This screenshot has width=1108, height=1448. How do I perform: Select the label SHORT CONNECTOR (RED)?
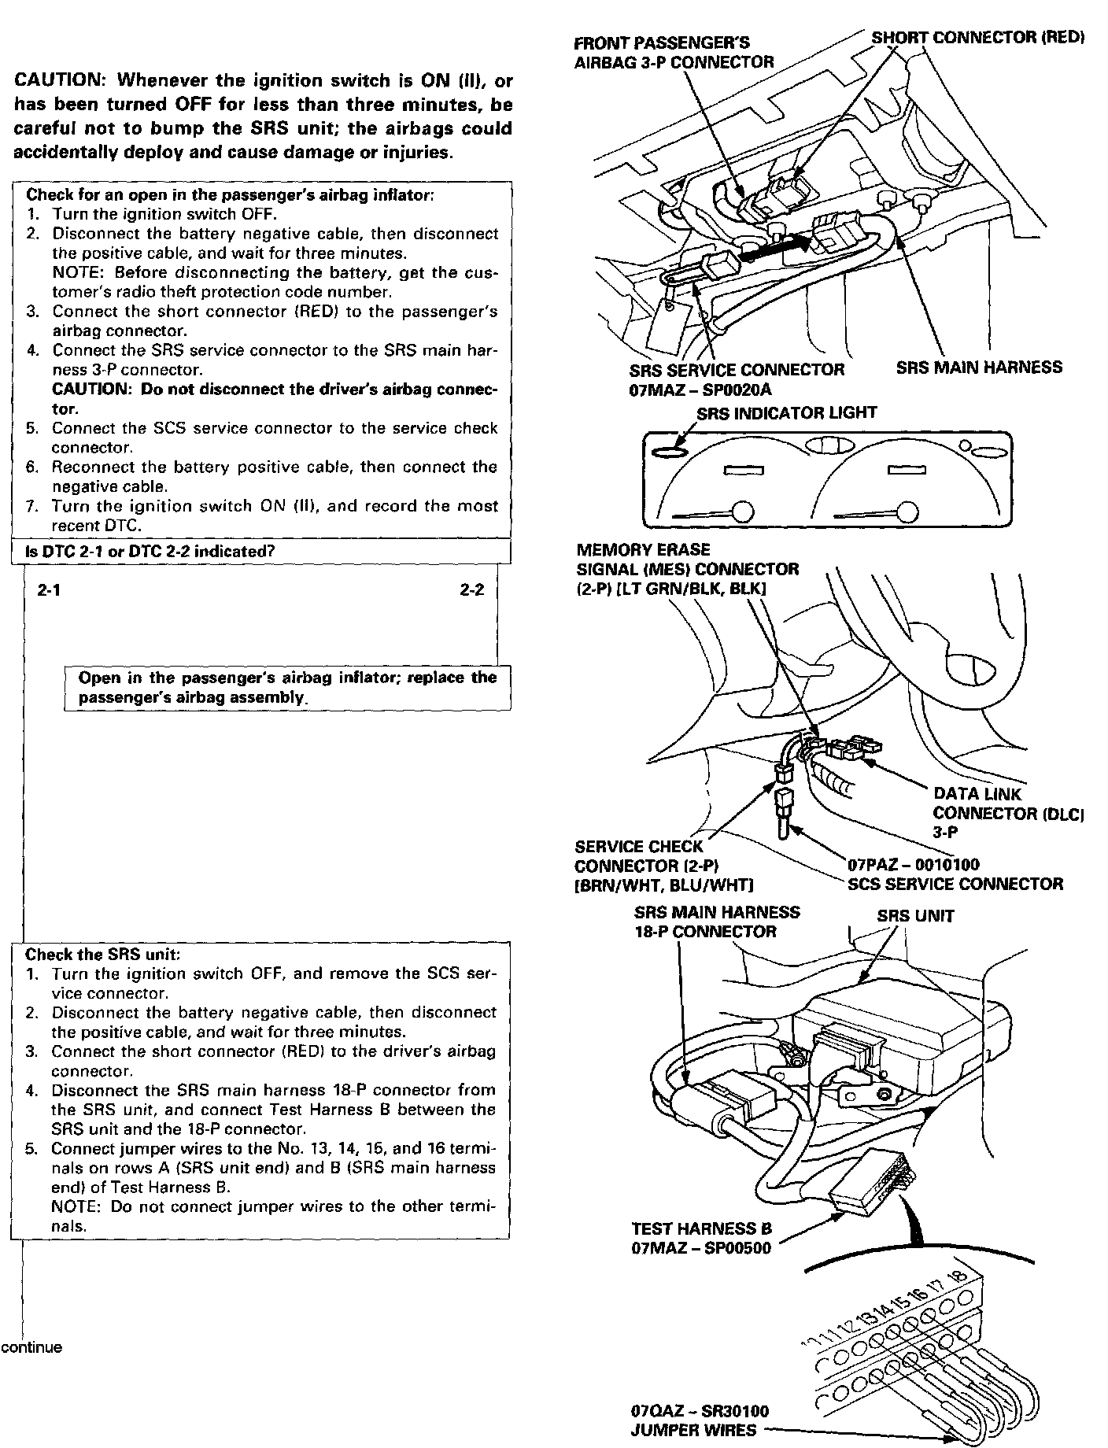click(977, 38)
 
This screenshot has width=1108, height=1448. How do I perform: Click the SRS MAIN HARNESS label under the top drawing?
click(979, 368)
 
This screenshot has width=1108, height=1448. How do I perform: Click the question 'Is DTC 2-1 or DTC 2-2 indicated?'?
click(150, 552)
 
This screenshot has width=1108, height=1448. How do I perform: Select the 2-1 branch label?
click(50, 591)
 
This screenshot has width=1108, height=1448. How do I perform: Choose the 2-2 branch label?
click(472, 591)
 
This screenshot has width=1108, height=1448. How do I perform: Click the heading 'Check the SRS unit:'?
click(103, 955)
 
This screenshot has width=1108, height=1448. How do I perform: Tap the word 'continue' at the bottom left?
click(31, 1347)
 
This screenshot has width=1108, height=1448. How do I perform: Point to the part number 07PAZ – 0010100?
click(913, 865)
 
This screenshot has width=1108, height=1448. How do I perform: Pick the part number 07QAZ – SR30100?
click(700, 1412)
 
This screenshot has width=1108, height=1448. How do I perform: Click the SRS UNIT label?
click(915, 916)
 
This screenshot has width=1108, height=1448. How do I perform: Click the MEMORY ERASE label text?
click(643, 549)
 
